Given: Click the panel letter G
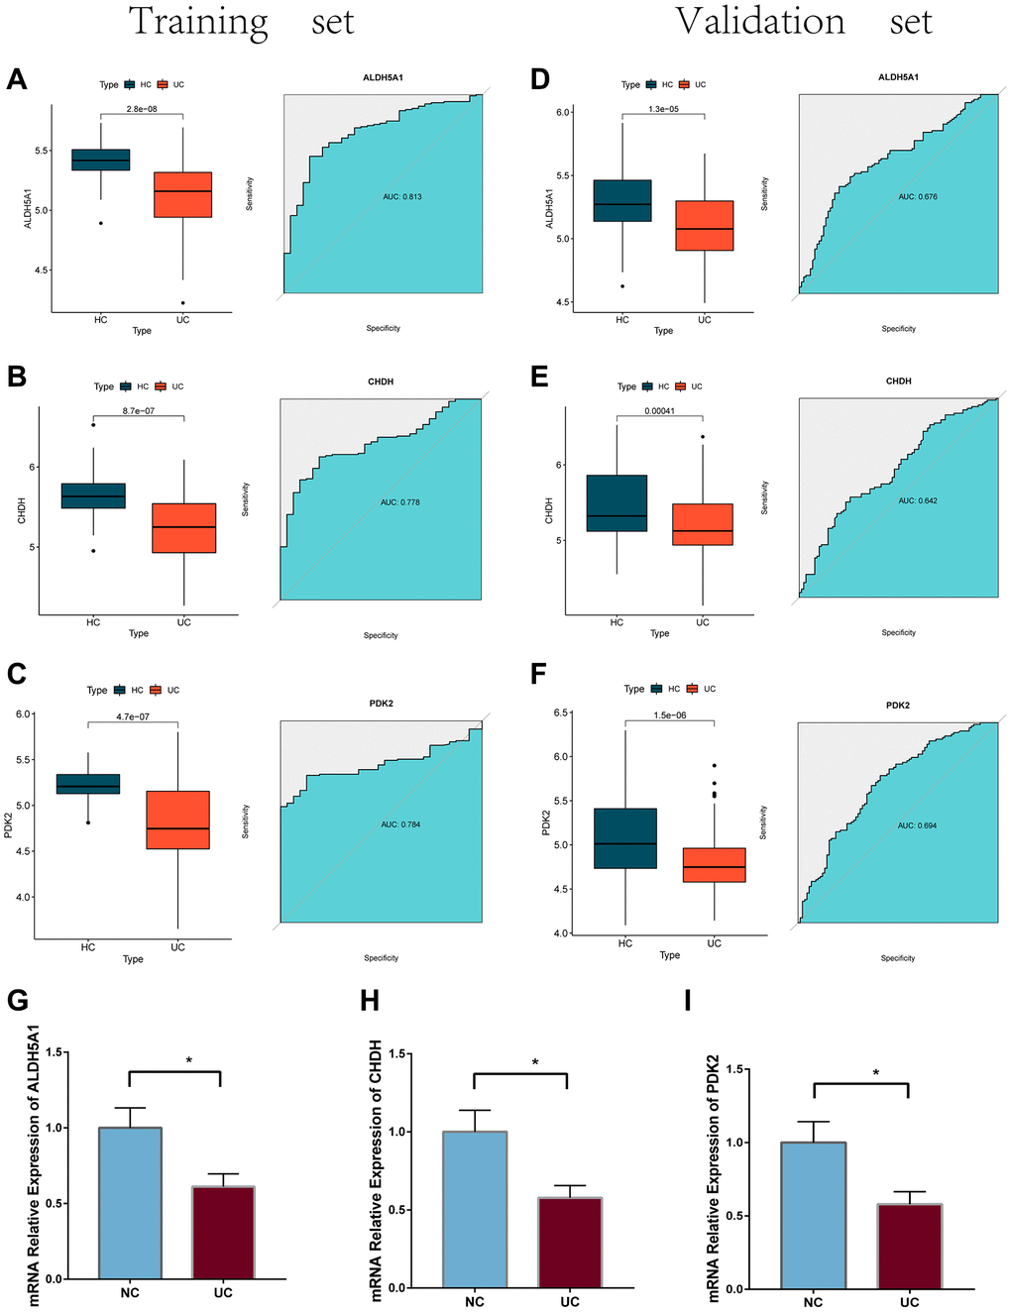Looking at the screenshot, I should point(17,1000).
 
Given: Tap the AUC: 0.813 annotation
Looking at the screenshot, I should point(402,197).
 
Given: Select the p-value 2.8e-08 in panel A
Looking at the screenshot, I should point(142,109).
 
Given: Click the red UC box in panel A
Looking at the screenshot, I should point(182,194).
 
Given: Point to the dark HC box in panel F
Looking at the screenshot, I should point(625,838).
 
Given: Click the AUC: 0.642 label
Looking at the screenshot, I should point(918,501).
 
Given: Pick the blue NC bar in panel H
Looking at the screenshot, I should point(475,1209).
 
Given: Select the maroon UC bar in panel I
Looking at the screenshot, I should point(909,1246).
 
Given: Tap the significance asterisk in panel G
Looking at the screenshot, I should point(189,1061).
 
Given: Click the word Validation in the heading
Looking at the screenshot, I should point(760,21).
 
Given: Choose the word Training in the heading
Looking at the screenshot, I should point(198,21).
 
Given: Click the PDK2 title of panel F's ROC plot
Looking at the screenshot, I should point(898,706).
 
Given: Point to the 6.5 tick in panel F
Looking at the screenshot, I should point(561,713).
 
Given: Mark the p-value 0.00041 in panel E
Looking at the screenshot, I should point(659,411).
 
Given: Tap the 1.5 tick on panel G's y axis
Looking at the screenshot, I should point(53,1052).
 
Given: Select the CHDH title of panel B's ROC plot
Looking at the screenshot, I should point(381,382).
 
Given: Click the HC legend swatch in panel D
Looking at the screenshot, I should point(651,85).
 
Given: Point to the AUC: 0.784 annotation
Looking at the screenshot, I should point(400,824).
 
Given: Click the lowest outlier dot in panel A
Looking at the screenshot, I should point(182,303).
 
